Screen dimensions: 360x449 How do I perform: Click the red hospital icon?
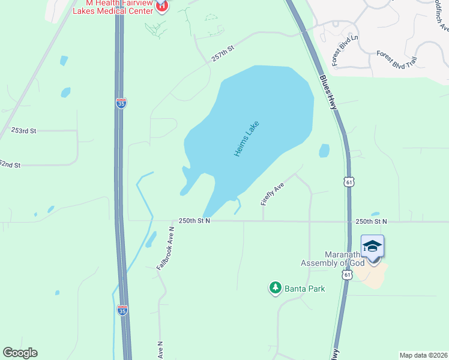(x=161, y=7)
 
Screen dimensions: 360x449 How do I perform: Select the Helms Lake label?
(x=246, y=139)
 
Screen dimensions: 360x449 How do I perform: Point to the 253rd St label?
(x=24, y=130)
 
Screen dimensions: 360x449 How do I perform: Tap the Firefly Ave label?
(x=272, y=195)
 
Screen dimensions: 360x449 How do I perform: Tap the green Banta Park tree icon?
(x=276, y=289)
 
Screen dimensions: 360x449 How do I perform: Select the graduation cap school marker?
(x=372, y=247)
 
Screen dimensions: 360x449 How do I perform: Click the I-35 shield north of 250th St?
(x=121, y=103)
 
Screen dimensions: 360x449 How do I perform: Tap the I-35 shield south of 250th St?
(x=122, y=310)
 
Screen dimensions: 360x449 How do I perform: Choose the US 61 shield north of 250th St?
(x=349, y=181)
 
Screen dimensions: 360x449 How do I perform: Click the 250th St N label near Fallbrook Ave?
(x=194, y=221)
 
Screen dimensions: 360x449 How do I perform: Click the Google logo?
(x=20, y=353)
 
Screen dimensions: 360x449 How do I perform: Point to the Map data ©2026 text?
(x=423, y=355)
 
